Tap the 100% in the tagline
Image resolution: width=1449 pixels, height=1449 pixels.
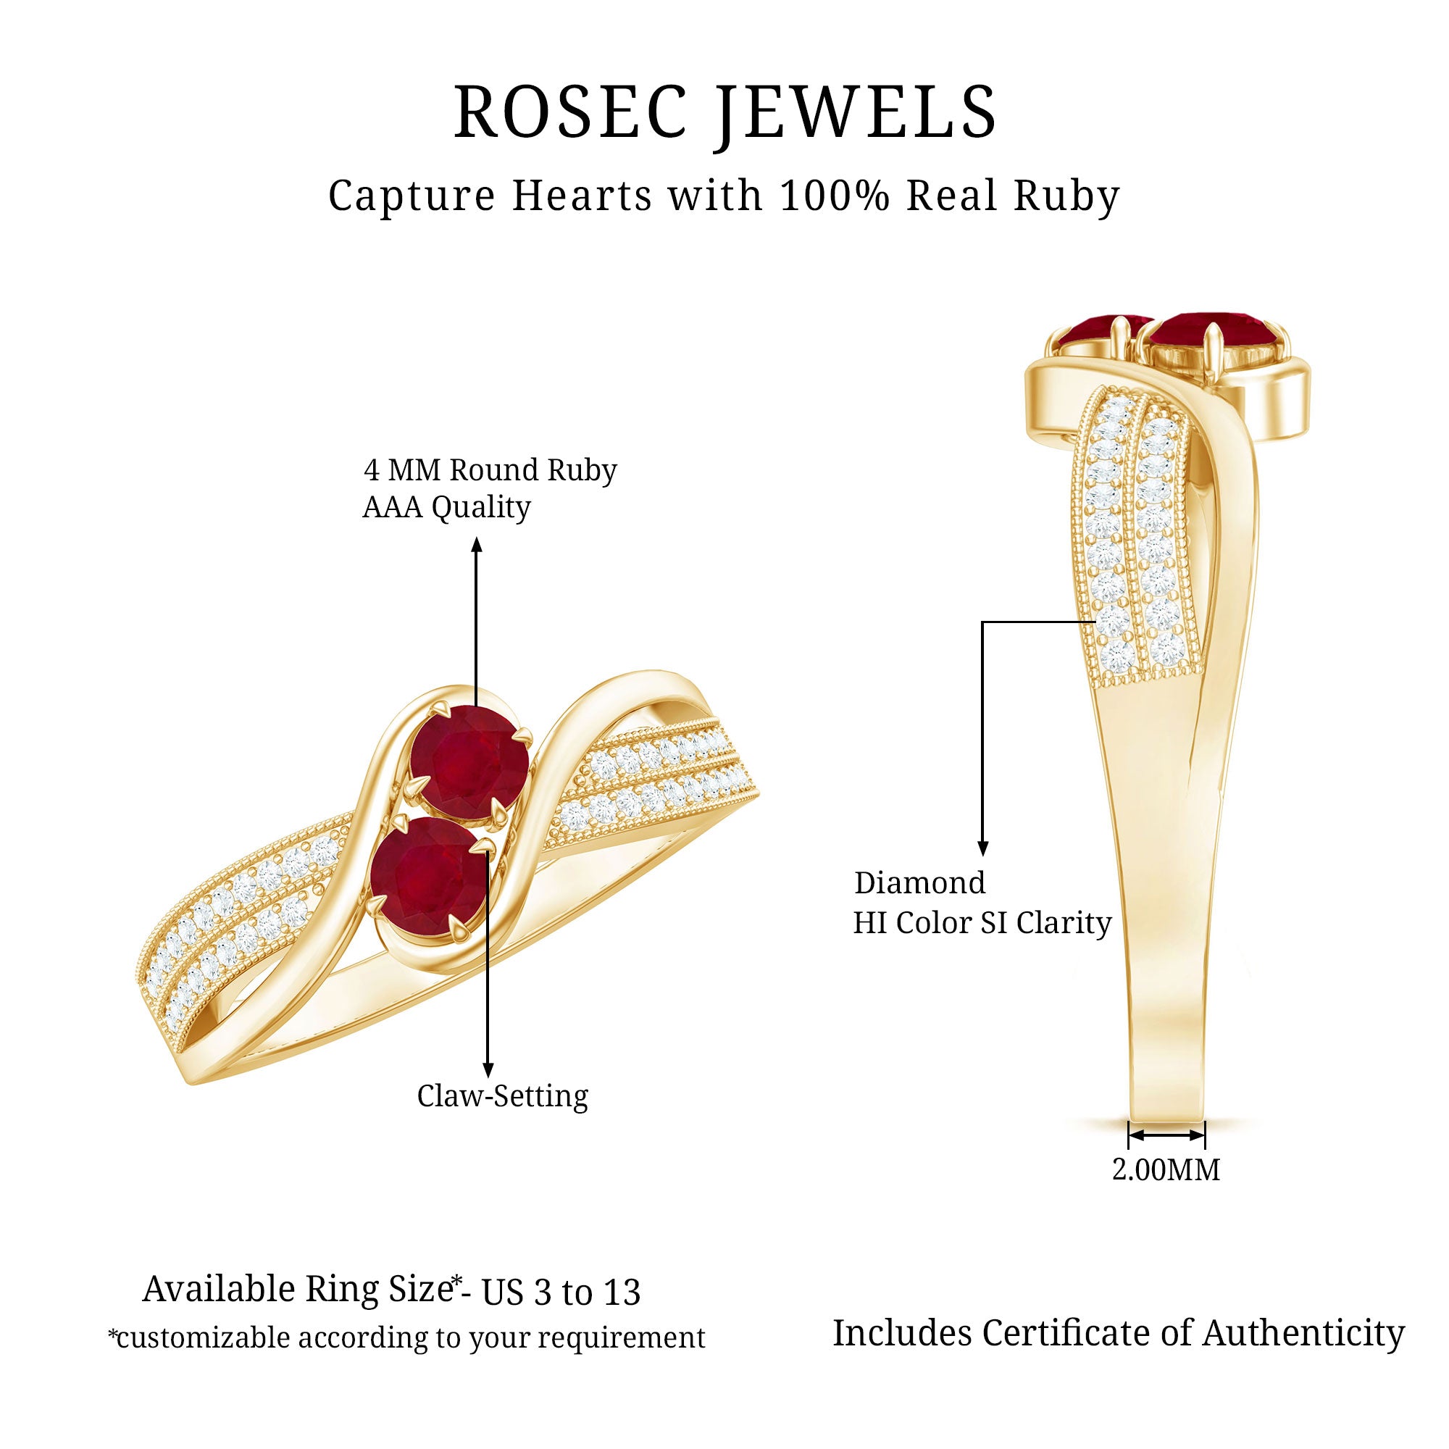point(835,196)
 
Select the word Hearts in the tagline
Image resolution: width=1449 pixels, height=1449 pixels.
point(582,196)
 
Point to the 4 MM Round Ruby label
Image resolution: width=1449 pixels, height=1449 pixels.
point(490,470)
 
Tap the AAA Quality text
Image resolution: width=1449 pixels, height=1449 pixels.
point(447,508)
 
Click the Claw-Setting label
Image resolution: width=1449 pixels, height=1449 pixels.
point(503,1095)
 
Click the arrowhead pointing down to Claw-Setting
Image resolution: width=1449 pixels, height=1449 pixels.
point(488,1070)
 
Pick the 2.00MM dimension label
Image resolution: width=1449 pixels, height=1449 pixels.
point(1166,1169)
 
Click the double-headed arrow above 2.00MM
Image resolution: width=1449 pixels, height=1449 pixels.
point(1166,1135)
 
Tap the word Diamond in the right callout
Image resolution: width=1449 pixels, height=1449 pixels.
point(920,882)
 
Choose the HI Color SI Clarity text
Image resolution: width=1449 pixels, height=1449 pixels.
point(982,922)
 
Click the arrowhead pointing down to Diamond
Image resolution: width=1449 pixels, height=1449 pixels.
point(982,848)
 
